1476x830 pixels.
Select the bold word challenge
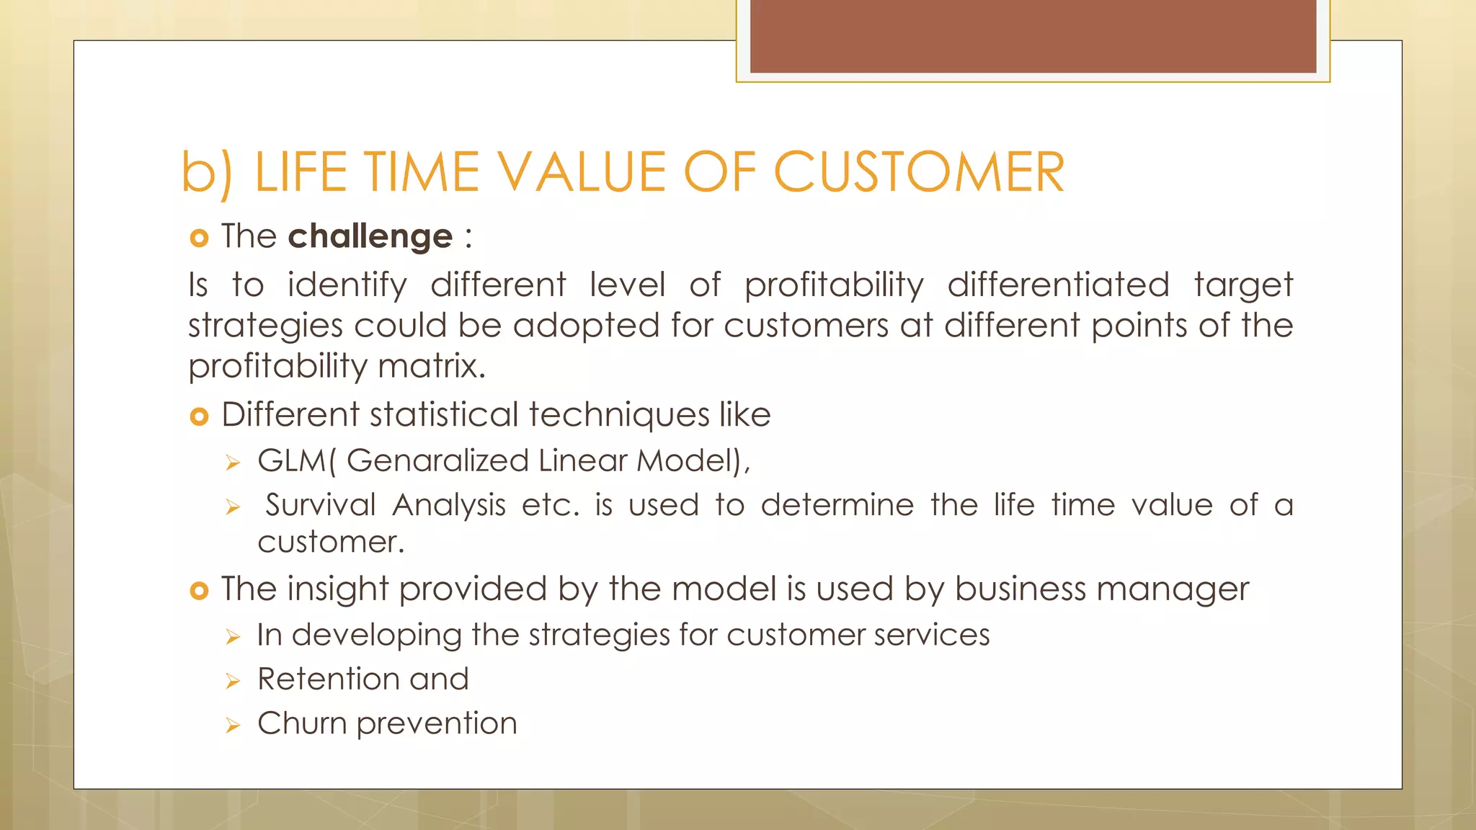tap(370, 236)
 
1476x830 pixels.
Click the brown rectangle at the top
tap(1033, 36)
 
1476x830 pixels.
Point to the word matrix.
tap(431, 366)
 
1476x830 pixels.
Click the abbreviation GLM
tap(291, 461)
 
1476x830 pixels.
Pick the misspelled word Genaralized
tap(437, 461)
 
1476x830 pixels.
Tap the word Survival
tap(320, 504)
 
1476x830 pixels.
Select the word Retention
tap(329, 679)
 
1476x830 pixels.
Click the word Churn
tap(302, 723)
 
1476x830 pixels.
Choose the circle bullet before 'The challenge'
tap(199, 238)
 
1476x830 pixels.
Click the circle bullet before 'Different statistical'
tap(199, 416)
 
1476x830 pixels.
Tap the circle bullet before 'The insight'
tap(199, 591)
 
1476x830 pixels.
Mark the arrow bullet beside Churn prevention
tap(232, 725)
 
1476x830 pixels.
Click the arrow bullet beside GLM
tap(232, 463)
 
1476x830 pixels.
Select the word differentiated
tap(1058, 285)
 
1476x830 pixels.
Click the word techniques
tap(618, 415)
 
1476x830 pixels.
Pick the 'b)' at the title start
tap(206, 173)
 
